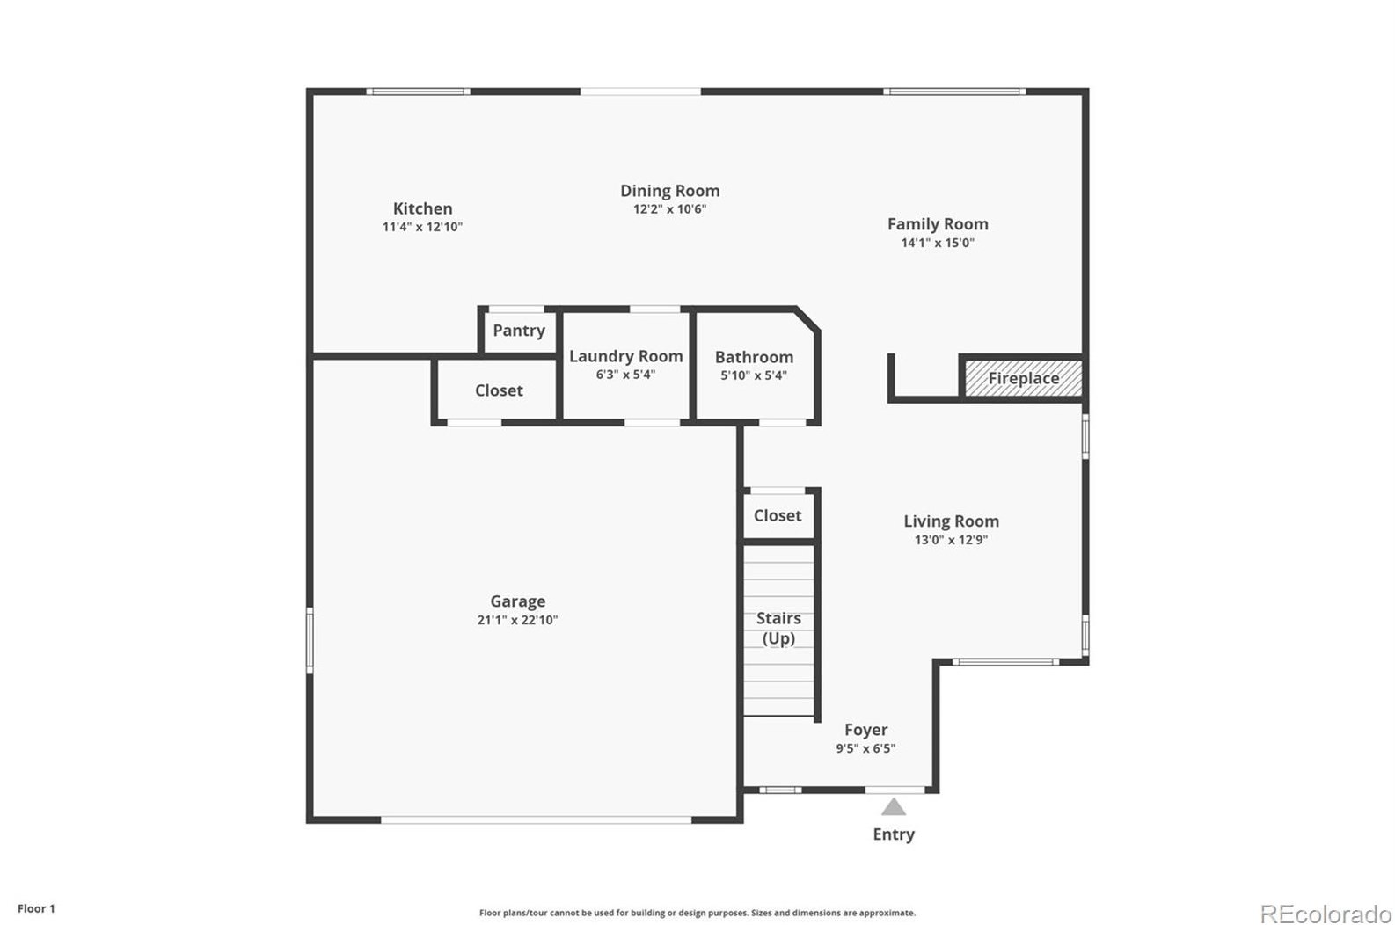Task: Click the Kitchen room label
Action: tap(422, 208)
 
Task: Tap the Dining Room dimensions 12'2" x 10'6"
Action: tap(669, 209)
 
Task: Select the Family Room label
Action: tap(938, 224)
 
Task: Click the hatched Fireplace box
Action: tap(1023, 378)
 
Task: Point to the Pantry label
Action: tap(519, 331)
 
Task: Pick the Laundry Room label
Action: tap(626, 356)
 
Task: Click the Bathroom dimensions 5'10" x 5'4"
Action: tap(754, 375)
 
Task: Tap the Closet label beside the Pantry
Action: tap(499, 390)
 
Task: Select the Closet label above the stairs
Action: tap(778, 515)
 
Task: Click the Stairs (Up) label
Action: tap(778, 628)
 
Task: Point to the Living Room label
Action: tap(951, 521)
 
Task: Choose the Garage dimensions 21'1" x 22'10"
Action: tap(517, 620)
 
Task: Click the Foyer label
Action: tap(865, 730)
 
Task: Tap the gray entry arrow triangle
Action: tap(893, 807)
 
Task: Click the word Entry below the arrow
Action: tap(894, 834)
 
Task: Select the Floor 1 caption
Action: tap(36, 909)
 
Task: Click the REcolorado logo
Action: tap(1326, 914)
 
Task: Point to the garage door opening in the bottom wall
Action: tap(537, 820)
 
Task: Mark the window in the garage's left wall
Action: tap(310, 640)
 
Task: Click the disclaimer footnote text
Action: tap(697, 914)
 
